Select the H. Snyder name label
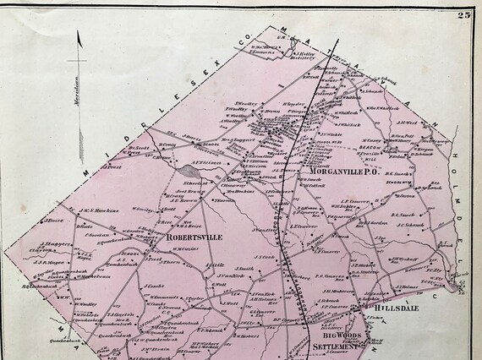(x=292, y=104)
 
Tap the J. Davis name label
(x=192, y=138)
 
